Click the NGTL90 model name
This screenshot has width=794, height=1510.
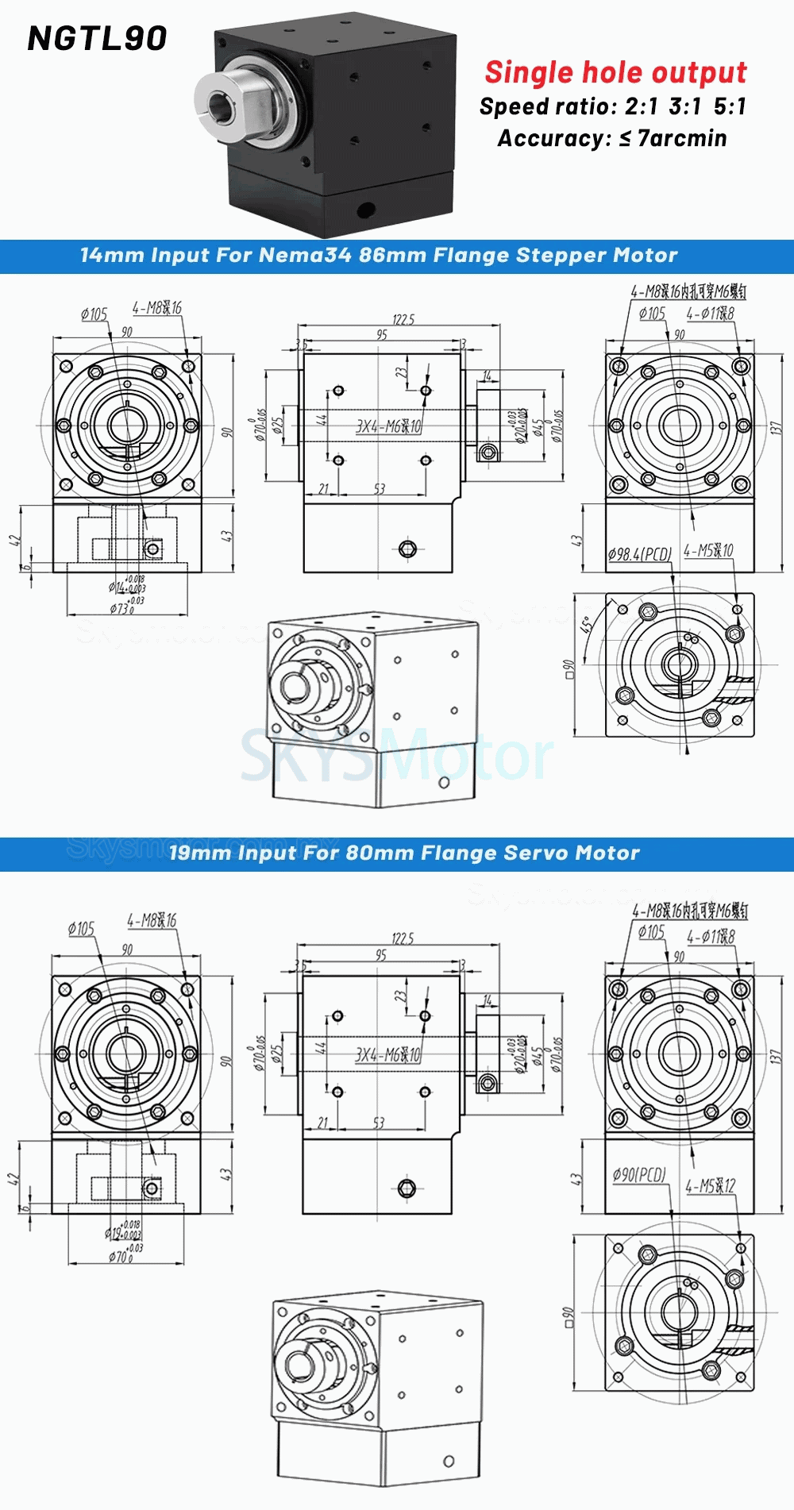click(97, 38)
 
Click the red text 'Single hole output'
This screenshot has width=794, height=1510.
click(615, 72)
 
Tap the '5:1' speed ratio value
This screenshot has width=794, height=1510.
click(729, 106)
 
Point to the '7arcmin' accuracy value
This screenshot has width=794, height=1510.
click(682, 138)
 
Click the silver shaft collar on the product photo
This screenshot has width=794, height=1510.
click(227, 102)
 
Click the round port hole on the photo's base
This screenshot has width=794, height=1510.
click(365, 210)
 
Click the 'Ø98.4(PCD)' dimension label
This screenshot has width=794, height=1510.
click(639, 553)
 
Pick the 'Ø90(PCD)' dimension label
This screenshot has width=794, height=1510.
click(639, 1174)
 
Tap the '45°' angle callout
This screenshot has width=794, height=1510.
click(588, 625)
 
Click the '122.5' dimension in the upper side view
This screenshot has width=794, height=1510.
click(403, 319)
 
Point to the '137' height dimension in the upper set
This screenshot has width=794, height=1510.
click(776, 427)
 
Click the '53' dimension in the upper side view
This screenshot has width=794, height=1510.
click(379, 489)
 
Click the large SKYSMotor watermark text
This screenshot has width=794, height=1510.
click(397, 757)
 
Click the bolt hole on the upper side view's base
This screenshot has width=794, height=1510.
click(407, 549)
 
